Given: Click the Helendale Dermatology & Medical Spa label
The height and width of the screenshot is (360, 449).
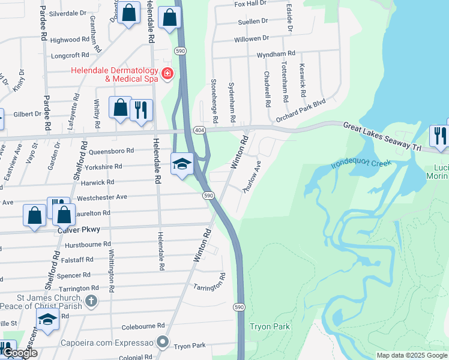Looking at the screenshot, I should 114,74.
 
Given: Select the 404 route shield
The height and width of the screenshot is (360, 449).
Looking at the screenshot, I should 198,130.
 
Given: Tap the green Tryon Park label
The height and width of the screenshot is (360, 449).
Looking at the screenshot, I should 270,327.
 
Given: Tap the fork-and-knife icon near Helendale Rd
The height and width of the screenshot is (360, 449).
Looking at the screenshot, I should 141,110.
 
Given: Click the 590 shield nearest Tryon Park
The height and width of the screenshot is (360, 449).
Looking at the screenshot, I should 239,307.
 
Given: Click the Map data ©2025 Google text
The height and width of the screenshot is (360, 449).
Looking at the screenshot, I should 412,355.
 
